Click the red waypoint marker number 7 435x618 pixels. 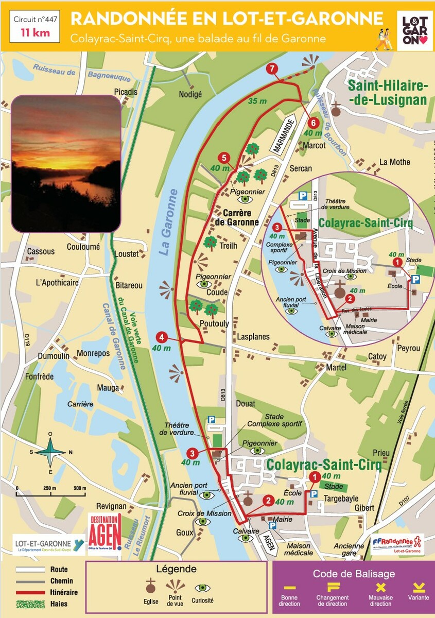[272, 69]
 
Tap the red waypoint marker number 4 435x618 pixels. [162, 338]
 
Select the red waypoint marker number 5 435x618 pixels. [223, 158]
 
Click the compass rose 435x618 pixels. [50, 452]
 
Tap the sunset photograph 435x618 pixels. [66, 163]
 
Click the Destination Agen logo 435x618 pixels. [105, 532]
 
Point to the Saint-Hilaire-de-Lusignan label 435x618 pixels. [388, 93]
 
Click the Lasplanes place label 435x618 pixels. [253, 337]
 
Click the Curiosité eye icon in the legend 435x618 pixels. [201, 588]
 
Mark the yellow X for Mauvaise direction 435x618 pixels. [381, 587]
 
